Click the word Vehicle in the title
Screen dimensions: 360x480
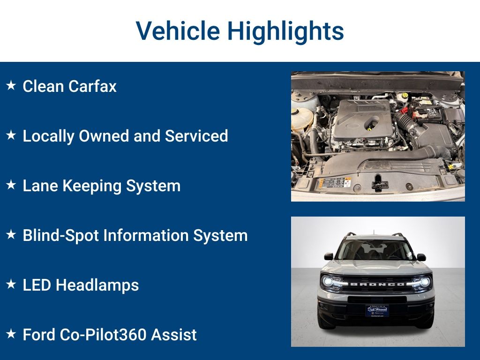(x=178, y=31)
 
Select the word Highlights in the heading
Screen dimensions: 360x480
(x=285, y=31)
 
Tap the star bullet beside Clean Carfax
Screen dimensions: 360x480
(x=11, y=86)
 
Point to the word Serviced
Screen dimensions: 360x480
(x=196, y=136)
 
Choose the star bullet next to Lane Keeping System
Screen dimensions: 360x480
(x=11, y=185)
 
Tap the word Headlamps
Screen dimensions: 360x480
(x=97, y=285)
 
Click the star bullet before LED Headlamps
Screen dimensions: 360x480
(x=11, y=285)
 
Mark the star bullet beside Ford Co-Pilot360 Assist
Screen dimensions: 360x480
(x=11, y=334)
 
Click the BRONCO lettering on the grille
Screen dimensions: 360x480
(x=377, y=284)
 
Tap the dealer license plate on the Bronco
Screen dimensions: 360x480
(x=377, y=311)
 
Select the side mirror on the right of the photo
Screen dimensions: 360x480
(x=421, y=257)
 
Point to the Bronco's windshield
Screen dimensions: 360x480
(x=377, y=250)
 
